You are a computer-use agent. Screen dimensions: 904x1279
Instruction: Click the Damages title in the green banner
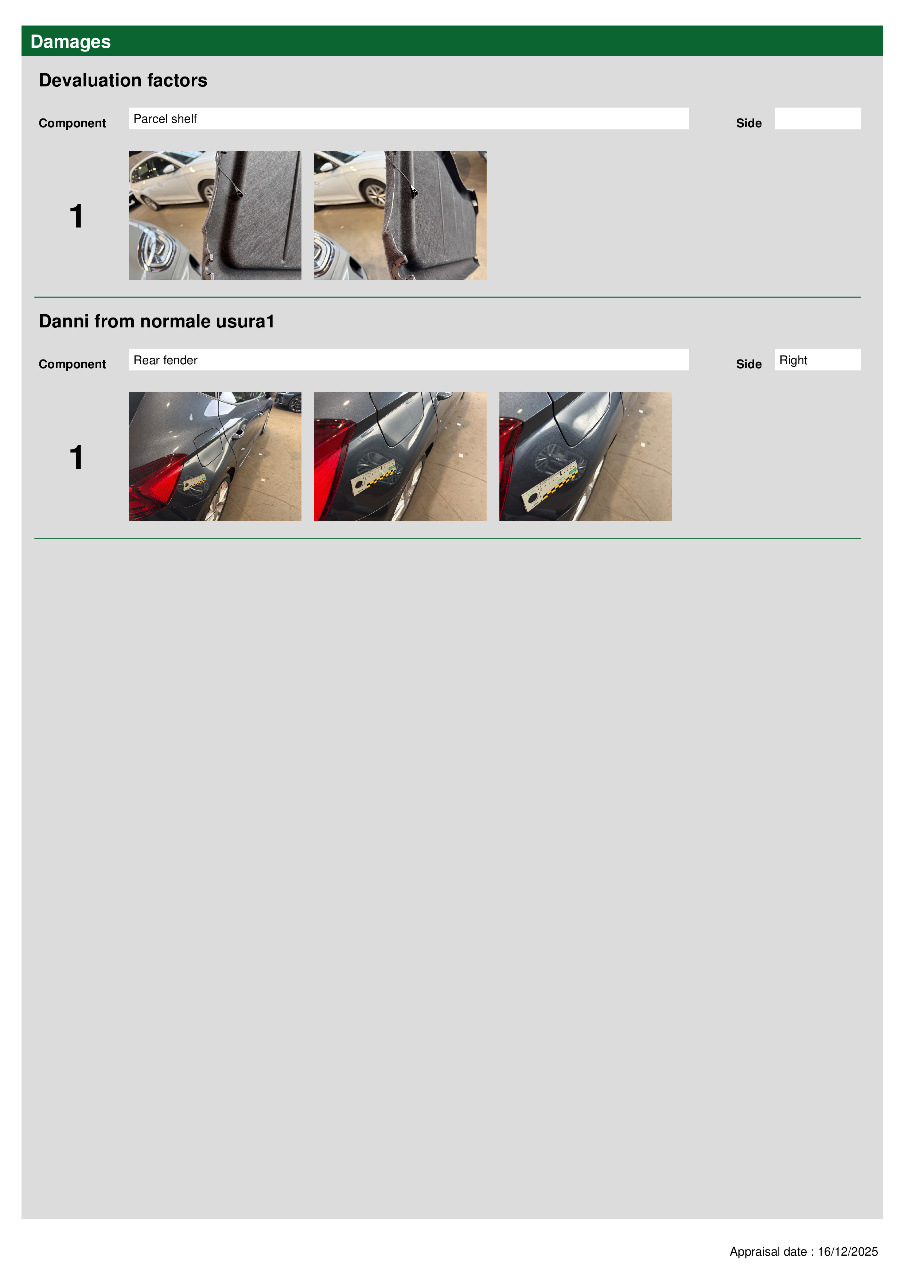70,42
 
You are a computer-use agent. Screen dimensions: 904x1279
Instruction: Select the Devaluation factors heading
123,80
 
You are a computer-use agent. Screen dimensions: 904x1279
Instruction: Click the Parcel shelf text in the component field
165,118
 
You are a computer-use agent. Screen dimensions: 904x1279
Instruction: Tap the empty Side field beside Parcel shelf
817,118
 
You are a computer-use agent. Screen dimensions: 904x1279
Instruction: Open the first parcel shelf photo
215,215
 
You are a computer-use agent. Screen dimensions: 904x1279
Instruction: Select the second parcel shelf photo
400,215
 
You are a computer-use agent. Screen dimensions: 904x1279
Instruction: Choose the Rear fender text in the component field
165,361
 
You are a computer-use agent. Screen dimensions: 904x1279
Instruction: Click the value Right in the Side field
793,361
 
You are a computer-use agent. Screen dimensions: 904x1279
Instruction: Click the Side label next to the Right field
749,364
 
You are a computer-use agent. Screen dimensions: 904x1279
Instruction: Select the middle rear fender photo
400,457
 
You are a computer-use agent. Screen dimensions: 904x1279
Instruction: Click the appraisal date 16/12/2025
848,1252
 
